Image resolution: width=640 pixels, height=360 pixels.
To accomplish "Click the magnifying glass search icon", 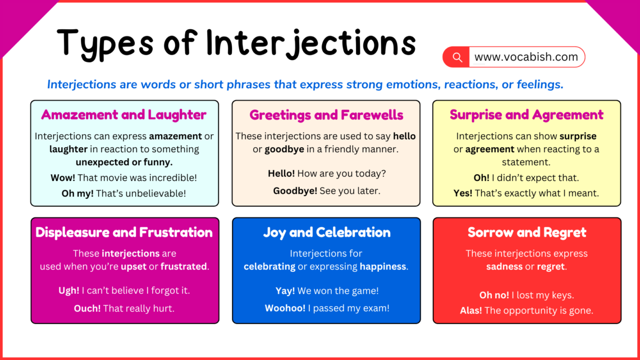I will click(x=458, y=57).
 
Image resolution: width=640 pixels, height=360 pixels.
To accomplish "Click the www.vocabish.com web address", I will click(x=525, y=57).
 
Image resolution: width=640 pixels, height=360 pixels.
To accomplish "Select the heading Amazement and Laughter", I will click(x=124, y=115).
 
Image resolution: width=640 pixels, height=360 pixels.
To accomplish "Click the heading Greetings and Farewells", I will click(x=326, y=115).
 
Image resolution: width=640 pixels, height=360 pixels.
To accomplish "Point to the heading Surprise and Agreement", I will click(x=526, y=115).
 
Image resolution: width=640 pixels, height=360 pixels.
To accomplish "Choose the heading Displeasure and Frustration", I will click(x=124, y=233).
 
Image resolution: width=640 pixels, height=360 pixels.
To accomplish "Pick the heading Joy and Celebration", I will click(x=326, y=233).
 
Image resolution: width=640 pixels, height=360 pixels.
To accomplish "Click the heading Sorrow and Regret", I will click(x=527, y=233).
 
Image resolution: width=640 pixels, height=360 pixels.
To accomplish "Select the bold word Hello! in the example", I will click(x=281, y=174).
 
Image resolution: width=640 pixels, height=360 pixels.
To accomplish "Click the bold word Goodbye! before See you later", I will click(x=295, y=191).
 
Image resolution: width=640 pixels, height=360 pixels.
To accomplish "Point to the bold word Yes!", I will click(x=463, y=193).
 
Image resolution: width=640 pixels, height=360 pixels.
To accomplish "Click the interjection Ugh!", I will click(x=69, y=291).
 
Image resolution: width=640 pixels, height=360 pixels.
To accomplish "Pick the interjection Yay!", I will click(x=285, y=291).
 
